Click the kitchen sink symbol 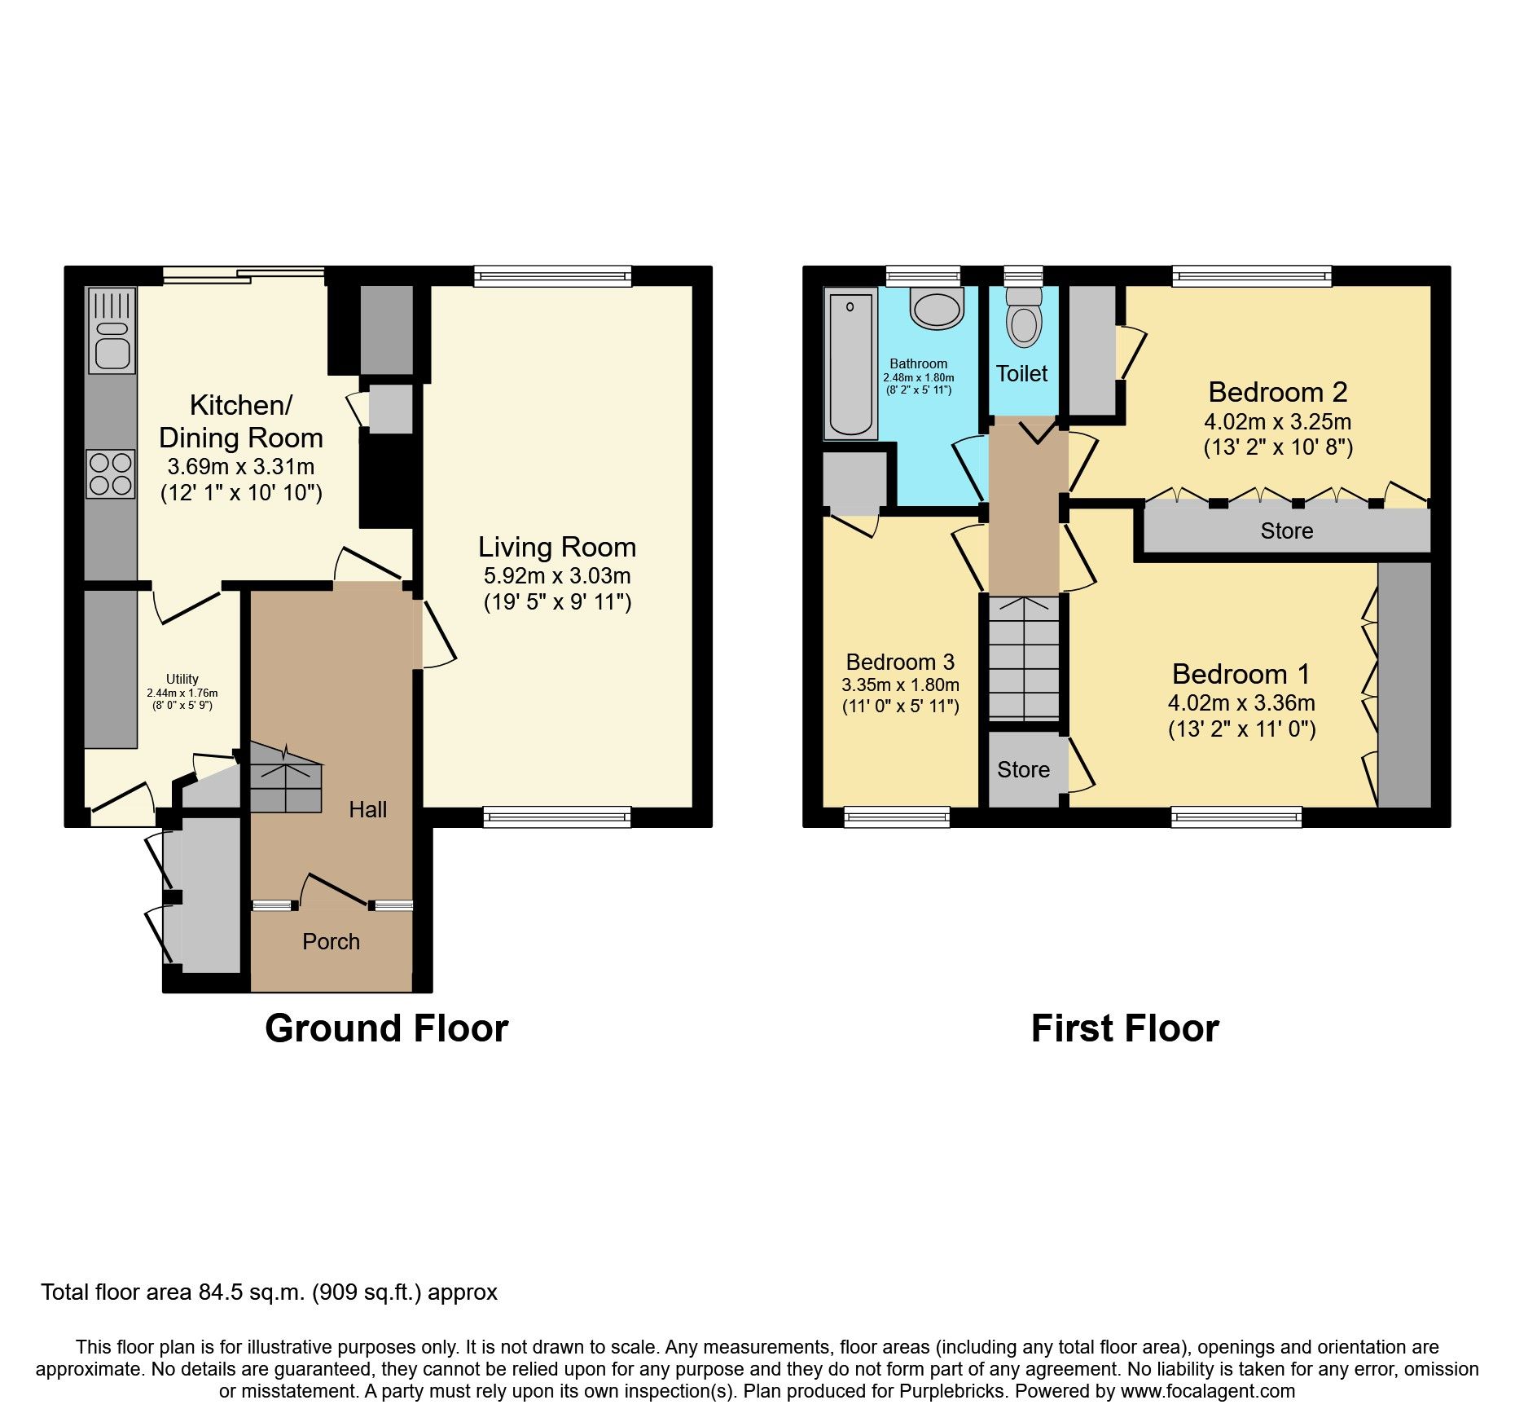tap(112, 331)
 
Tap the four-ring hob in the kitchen tap(111, 474)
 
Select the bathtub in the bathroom tap(850, 364)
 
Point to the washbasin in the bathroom tap(937, 309)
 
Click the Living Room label tap(556, 547)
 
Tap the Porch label tap(331, 942)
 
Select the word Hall tap(367, 809)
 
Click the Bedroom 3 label tap(900, 662)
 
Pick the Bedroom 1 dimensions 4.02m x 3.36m tap(1241, 702)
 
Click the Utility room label tap(182, 679)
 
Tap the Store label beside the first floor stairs tap(1023, 769)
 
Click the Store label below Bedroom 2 tap(1286, 531)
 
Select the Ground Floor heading tap(386, 1028)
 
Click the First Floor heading tap(1124, 1028)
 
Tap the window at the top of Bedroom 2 tap(1252, 276)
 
